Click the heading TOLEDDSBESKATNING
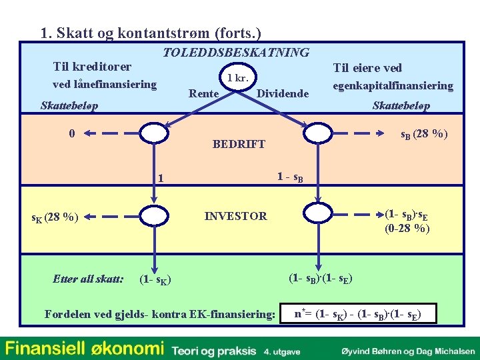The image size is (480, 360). pyautogui.click(x=237, y=52)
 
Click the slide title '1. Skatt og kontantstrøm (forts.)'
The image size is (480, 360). pyautogui.click(x=151, y=33)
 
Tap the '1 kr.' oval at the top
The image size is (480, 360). pyautogui.click(x=238, y=78)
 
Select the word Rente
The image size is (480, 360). pyautogui.click(x=203, y=93)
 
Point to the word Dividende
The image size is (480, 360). pyautogui.click(x=283, y=93)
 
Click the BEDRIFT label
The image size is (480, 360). pyautogui.click(x=239, y=144)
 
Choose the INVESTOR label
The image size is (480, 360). pyautogui.click(x=235, y=216)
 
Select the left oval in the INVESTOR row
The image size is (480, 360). pyautogui.click(x=154, y=215)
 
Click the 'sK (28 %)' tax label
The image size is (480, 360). pyautogui.click(x=56, y=217)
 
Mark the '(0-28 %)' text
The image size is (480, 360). pyautogui.click(x=407, y=229)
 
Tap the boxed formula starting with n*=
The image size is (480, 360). pyautogui.click(x=358, y=313)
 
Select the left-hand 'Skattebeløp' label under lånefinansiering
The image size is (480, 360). pyautogui.click(x=69, y=106)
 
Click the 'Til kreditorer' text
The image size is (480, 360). pyautogui.click(x=92, y=67)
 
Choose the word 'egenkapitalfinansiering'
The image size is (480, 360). pyautogui.click(x=393, y=86)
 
